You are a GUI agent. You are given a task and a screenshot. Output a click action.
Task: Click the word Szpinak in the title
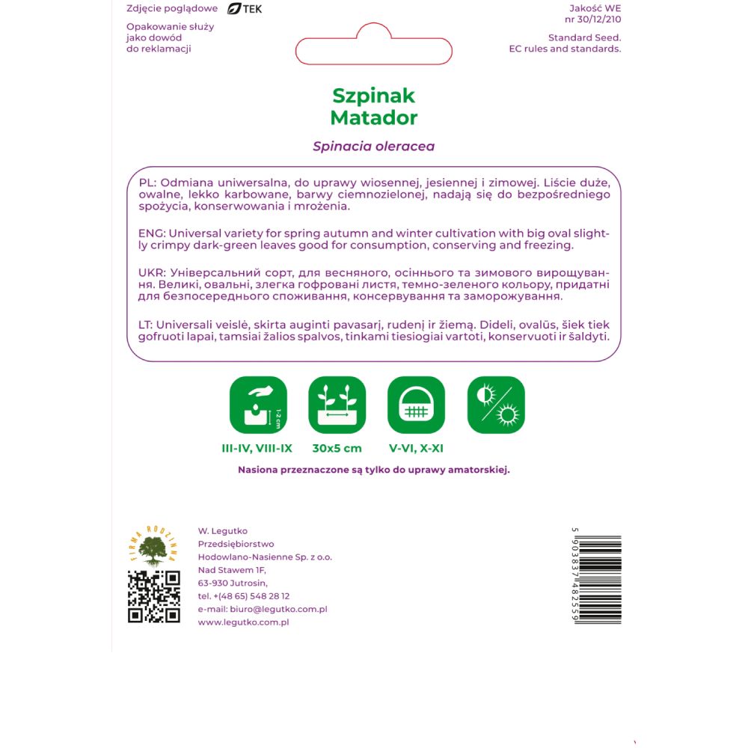(x=373, y=96)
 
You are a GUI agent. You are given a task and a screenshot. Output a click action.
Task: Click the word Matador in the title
(x=373, y=117)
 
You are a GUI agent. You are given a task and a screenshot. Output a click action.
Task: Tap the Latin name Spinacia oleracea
(x=373, y=147)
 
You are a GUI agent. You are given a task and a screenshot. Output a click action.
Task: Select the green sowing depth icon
(x=258, y=405)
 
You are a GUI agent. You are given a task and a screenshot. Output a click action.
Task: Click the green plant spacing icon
(x=337, y=405)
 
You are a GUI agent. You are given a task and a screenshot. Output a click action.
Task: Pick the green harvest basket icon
(x=417, y=405)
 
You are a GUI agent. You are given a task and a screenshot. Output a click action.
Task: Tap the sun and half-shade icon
(x=496, y=405)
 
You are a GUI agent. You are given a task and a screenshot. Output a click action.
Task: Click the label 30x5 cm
(x=337, y=449)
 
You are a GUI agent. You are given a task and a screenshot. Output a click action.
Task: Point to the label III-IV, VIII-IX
(x=257, y=449)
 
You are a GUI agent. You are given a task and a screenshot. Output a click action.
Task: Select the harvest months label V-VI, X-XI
(x=417, y=449)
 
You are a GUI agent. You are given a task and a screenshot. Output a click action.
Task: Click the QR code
(x=154, y=596)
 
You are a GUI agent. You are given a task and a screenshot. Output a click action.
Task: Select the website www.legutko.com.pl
(x=243, y=622)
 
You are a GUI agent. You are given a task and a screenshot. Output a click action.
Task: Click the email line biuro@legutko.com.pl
(x=263, y=610)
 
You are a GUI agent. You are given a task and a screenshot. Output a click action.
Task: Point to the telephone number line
(x=244, y=596)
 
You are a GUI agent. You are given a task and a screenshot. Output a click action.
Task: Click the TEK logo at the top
(x=245, y=9)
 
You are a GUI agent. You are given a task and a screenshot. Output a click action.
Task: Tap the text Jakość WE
(x=595, y=9)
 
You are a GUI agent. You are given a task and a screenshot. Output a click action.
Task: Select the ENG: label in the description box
(x=153, y=233)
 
